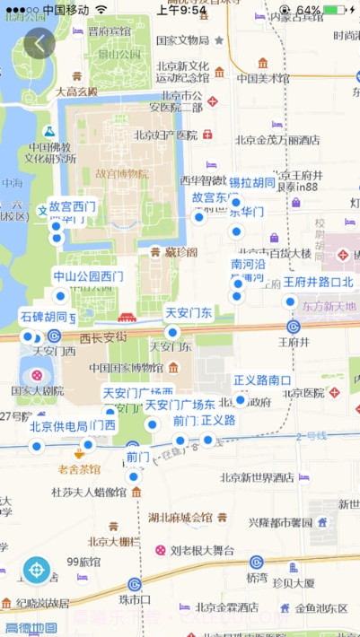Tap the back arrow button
click(40, 42)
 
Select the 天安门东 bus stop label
click(189, 313)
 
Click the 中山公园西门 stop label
click(88, 276)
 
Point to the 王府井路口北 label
click(319, 282)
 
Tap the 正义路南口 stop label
click(261, 380)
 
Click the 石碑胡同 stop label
click(43, 317)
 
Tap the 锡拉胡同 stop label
click(251, 183)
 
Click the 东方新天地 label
click(329, 307)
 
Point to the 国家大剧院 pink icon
click(37, 375)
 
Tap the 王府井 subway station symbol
click(293, 327)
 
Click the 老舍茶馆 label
click(79, 469)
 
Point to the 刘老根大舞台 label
click(203, 550)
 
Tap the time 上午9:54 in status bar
click(182, 9)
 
